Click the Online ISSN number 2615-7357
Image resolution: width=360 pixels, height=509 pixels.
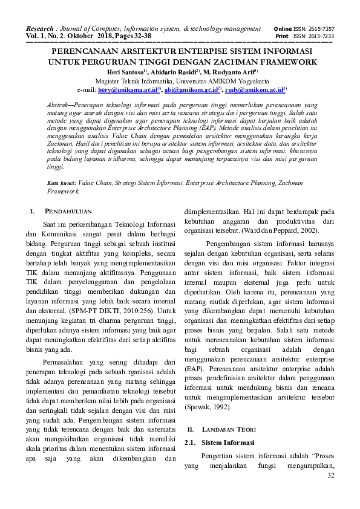click(x=321, y=29)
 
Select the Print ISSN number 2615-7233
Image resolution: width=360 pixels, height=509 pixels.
click(x=321, y=36)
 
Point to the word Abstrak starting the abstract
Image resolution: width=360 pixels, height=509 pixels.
click(x=59, y=105)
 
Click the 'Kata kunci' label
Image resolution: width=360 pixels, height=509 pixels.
click(x=61, y=181)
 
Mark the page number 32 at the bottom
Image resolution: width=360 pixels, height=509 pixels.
click(x=330, y=476)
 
